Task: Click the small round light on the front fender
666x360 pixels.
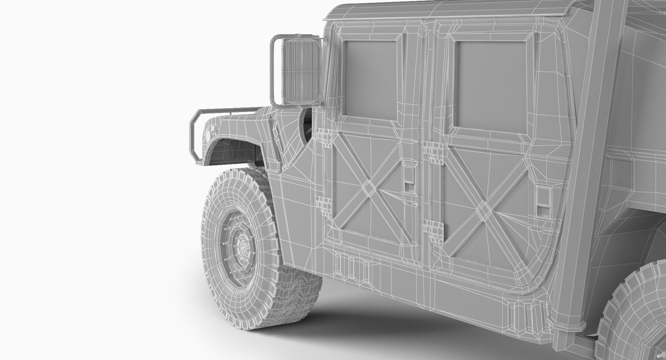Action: [208, 134]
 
